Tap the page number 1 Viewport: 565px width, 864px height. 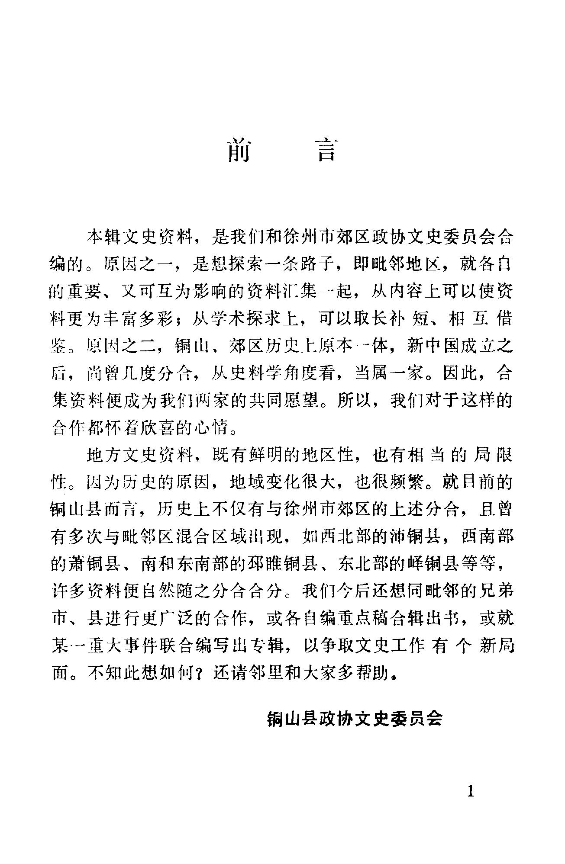tap(471, 792)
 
